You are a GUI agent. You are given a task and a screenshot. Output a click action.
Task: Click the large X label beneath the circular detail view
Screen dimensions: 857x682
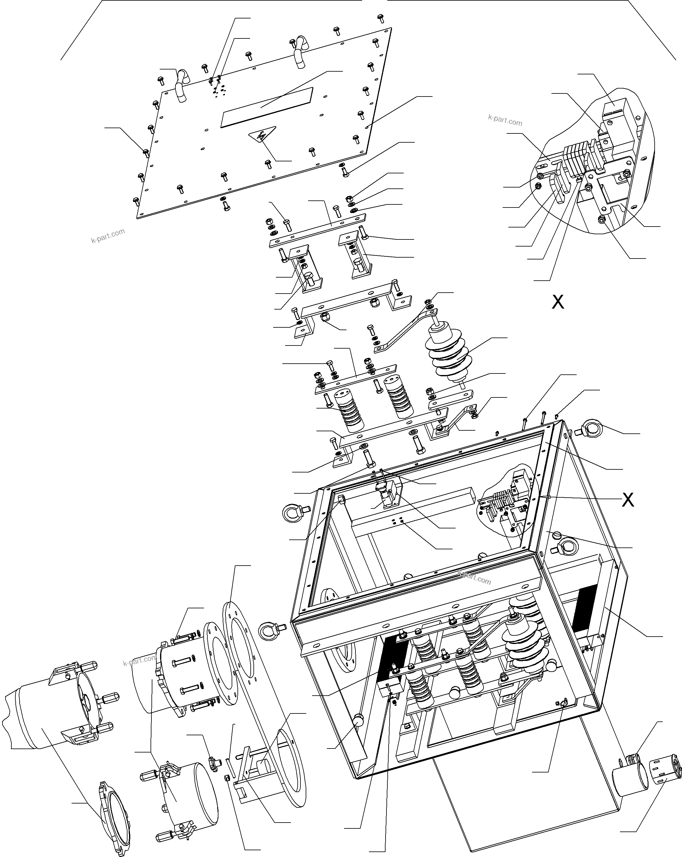(558, 302)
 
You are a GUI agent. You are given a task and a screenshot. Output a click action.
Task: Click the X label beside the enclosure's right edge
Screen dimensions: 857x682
(628, 500)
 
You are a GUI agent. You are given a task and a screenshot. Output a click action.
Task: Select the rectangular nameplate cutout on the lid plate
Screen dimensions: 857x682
(266, 107)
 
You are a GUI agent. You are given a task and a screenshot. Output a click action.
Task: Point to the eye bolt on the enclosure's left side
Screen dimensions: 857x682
(294, 512)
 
